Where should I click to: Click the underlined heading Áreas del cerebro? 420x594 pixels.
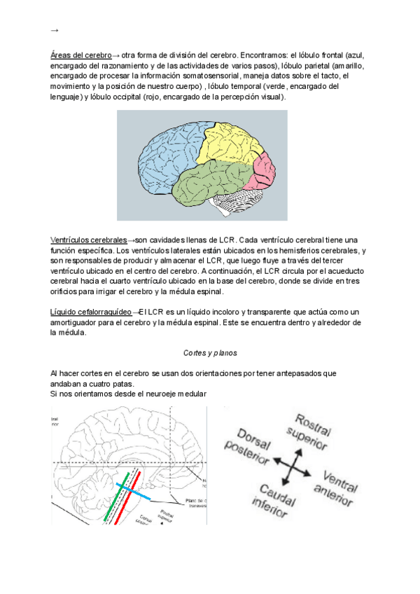(x=80, y=54)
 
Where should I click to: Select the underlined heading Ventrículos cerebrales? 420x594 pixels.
(x=89, y=240)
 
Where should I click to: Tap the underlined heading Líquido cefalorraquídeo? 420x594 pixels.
(x=91, y=312)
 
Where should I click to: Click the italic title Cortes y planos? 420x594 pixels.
(x=210, y=353)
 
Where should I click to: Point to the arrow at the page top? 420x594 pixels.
(x=55, y=30)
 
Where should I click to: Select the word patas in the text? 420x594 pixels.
(x=119, y=384)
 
